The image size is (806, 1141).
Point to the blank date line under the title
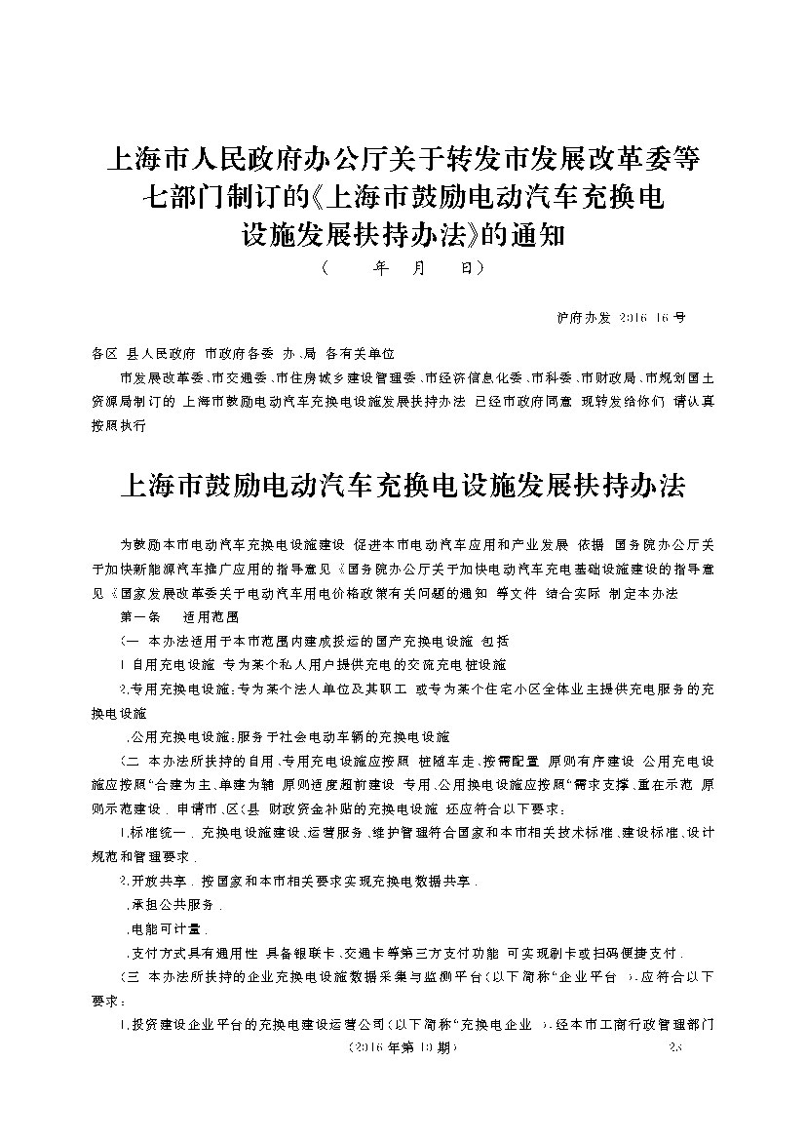coord(402,266)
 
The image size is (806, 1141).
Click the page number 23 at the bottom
coord(680,1047)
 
